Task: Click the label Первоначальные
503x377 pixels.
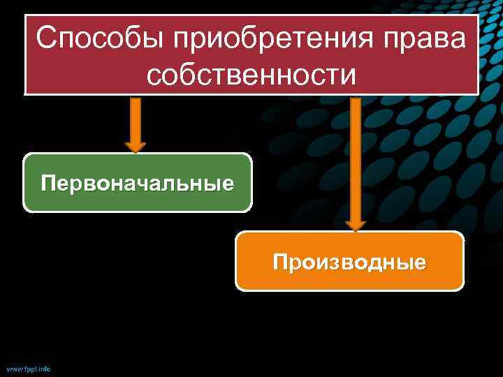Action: tap(137, 184)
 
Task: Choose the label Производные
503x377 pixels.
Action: tap(349, 263)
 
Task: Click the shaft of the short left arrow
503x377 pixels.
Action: tap(136, 119)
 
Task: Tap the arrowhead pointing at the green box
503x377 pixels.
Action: tap(136, 147)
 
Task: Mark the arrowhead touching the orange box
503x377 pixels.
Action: tap(356, 225)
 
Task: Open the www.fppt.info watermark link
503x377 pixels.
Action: tap(28, 368)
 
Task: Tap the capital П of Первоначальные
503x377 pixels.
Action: tap(48, 184)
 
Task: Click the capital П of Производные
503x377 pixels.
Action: tap(281, 263)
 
